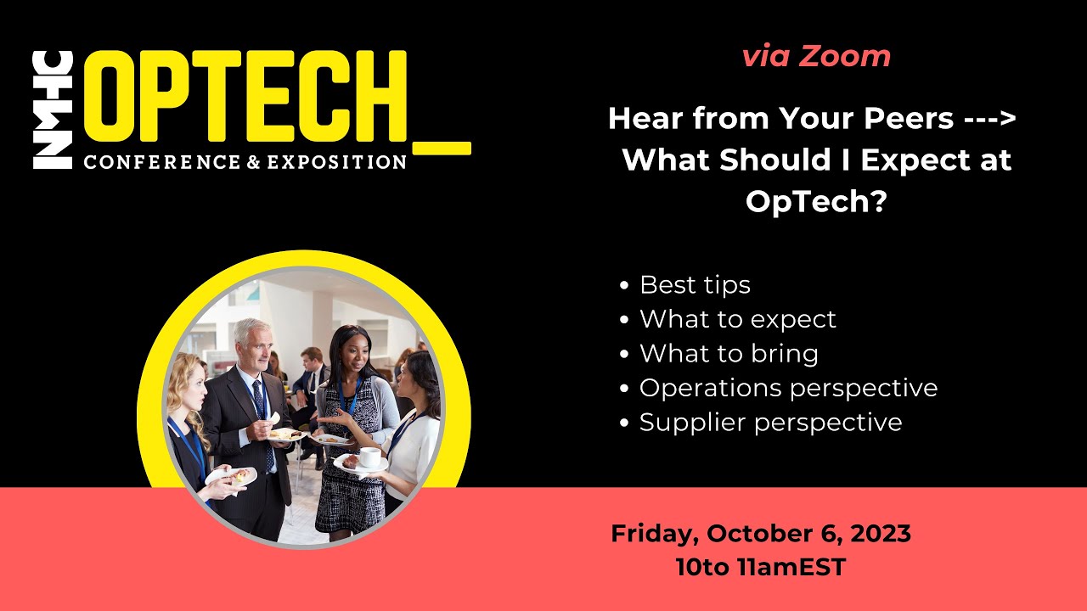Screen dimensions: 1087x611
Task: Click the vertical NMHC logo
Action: (53, 110)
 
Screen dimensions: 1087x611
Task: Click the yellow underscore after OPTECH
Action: (442, 148)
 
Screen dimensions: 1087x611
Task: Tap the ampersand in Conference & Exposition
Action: (253, 162)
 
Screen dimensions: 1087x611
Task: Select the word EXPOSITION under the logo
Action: (337, 162)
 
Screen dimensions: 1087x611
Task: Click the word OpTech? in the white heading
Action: (816, 200)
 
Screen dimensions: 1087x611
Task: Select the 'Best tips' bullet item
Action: (695, 284)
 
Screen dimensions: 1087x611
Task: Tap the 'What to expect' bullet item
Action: (738, 319)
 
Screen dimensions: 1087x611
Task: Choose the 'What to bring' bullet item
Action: (729, 354)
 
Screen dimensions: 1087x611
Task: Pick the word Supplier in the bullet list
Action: (692, 423)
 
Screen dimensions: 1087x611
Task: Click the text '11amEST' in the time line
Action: (791, 567)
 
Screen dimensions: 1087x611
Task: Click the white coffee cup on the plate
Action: (371, 457)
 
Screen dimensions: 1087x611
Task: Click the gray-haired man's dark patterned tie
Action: (264, 422)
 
